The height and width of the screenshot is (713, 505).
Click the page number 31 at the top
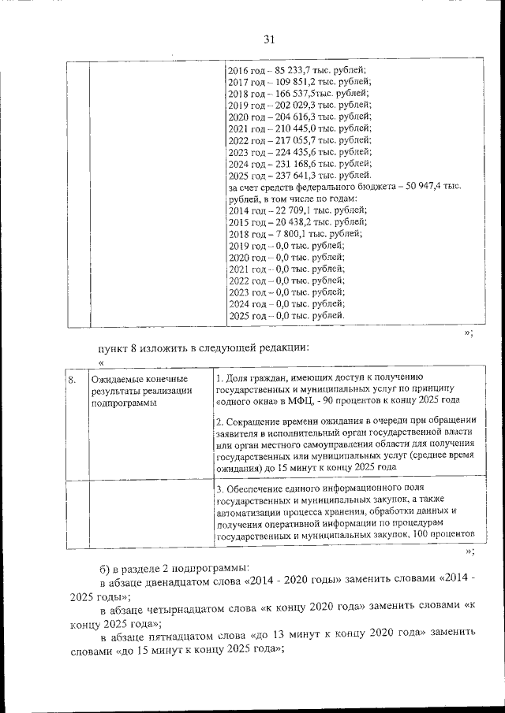(268, 40)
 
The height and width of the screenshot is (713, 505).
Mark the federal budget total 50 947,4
(430, 187)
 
